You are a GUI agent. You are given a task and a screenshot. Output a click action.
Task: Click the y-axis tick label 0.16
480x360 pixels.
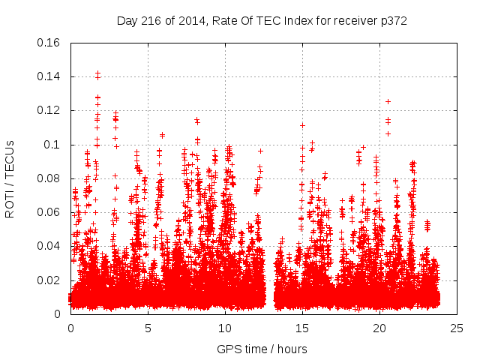[x=49, y=43]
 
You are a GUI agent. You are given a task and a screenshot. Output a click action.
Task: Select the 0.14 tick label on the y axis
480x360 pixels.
[x=49, y=76]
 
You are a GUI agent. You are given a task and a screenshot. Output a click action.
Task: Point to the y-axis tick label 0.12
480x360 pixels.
[x=49, y=110]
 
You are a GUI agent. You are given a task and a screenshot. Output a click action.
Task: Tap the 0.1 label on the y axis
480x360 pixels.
[x=52, y=145]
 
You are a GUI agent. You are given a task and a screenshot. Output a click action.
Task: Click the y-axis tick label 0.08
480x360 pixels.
[x=49, y=178]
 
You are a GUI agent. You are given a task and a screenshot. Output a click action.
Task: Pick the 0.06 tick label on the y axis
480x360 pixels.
[x=49, y=212]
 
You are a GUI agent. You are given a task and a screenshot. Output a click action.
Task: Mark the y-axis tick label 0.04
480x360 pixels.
[x=49, y=246]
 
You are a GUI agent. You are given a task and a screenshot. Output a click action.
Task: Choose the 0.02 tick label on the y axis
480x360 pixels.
[x=49, y=280]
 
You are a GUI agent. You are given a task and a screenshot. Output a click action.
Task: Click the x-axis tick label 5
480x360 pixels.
[x=148, y=328]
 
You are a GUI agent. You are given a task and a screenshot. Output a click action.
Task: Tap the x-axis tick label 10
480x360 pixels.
[x=225, y=328]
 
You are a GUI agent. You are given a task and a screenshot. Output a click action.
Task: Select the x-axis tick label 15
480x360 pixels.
[x=302, y=328]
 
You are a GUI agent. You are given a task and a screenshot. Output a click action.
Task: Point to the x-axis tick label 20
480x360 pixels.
[x=379, y=328]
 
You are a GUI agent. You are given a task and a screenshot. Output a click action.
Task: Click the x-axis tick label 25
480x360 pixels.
[x=457, y=328]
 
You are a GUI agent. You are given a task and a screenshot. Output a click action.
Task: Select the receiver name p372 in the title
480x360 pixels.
[x=392, y=20]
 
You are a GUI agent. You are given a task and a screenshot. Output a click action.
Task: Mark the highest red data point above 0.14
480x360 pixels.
[x=97, y=73]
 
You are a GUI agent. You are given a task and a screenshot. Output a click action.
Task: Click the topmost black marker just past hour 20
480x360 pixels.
[x=388, y=101]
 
